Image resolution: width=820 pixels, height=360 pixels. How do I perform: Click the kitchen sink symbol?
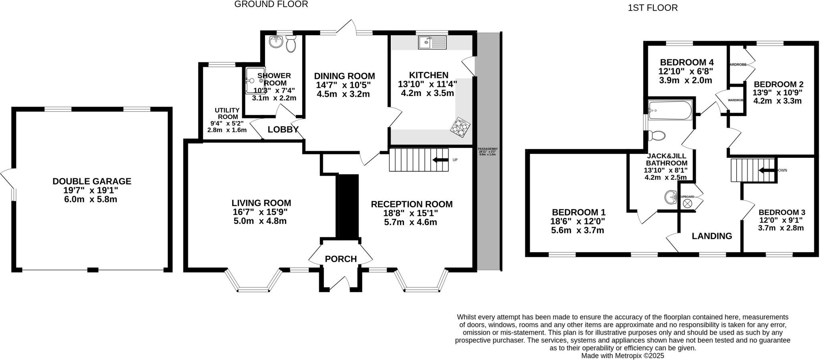click(432, 42)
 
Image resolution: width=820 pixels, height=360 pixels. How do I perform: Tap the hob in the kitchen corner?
click(460, 127)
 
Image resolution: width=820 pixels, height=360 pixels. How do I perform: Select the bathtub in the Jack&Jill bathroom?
click(670, 110)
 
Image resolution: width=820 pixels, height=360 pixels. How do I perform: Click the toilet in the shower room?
click(291, 44)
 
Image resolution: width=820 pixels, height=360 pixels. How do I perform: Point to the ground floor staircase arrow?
click(440, 160)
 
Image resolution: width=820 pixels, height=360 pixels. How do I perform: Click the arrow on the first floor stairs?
click(767, 170)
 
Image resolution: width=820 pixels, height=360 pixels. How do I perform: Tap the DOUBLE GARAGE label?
click(92, 181)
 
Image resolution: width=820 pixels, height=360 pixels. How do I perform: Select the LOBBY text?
click(283, 129)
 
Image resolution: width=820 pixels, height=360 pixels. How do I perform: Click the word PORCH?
click(341, 259)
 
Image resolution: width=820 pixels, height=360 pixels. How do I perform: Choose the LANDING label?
click(712, 236)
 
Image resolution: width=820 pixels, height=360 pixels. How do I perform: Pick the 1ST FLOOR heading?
click(653, 8)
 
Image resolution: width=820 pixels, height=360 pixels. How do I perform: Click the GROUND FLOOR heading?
click(271, 4)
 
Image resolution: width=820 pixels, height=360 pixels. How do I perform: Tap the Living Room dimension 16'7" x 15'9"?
click(260, 212)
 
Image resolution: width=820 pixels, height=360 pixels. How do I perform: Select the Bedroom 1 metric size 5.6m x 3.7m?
click(577, 230)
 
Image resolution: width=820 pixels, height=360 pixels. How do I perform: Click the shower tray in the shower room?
click(255, 80)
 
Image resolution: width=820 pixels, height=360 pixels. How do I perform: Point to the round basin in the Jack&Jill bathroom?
click(671, 197)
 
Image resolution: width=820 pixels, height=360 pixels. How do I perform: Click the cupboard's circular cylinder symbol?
click(687, 203)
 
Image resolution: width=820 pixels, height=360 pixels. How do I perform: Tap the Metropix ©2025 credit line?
click(623, 356)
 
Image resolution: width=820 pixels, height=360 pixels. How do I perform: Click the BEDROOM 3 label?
click(782, 212)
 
